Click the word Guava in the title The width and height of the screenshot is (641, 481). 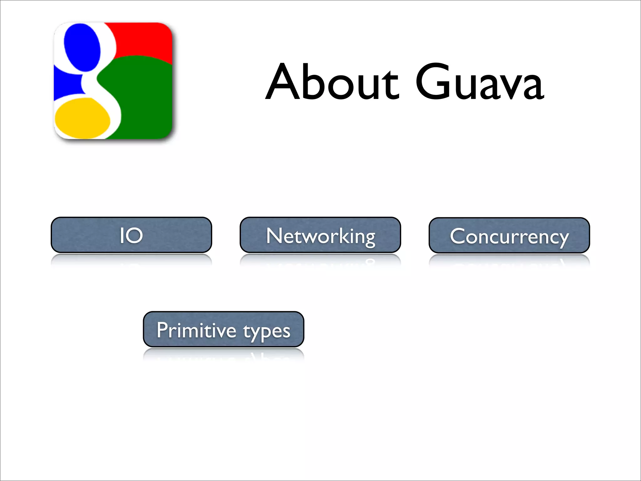[479, 82]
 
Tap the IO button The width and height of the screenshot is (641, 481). [131, 235]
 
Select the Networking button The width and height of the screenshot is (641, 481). [320, 235]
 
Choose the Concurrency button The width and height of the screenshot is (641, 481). [509, 235]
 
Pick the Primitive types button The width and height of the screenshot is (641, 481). [223, 329]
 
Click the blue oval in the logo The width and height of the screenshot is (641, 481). [82, 47]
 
